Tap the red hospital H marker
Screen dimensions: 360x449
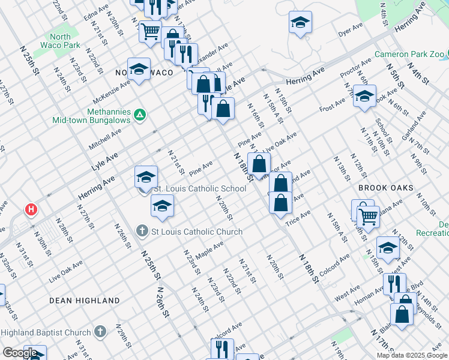[x=30, y=210]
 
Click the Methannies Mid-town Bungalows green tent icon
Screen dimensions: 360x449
[x=139, y=114]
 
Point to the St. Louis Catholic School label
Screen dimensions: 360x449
[x=200, y=188]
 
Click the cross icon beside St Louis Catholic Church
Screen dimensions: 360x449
[x=142, y=231]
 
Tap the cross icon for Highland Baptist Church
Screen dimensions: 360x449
[x=100, y=332]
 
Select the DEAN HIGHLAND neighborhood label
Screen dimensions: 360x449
[x=84, y=300]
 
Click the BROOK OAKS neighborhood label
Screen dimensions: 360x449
[x=385, y=188]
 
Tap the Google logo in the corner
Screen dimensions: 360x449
[x=20, y=353]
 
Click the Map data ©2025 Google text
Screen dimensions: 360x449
[x=412, y=355]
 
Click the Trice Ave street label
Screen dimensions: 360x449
[x=298, y=217]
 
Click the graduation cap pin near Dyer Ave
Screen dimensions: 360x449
[x=300, y=23]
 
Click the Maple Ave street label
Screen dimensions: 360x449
[x=209, y=247]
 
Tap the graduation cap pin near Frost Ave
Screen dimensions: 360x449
[x=364, y=96]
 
